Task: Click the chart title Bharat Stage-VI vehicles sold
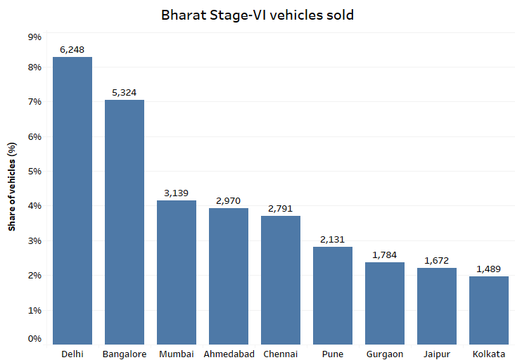point(257,14)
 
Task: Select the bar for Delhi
point(72,200)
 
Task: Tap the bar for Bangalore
point(125,221)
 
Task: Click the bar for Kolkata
point(489,310)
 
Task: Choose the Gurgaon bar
point(385,303)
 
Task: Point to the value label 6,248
point(72,50)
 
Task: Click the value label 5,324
point(125,93)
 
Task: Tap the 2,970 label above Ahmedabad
point(229,201)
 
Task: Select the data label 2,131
point(333,240)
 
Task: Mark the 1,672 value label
point(437,261)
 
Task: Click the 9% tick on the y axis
point(34,37)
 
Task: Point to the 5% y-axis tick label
point(34,172)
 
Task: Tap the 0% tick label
point(34,339)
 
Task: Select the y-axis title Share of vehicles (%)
point(12,186)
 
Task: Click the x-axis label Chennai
point(281,354)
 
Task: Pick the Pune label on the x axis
point(333,354)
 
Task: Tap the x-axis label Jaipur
point(437,354)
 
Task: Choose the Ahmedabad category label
point(229,354)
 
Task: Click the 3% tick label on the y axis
point(34,241)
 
